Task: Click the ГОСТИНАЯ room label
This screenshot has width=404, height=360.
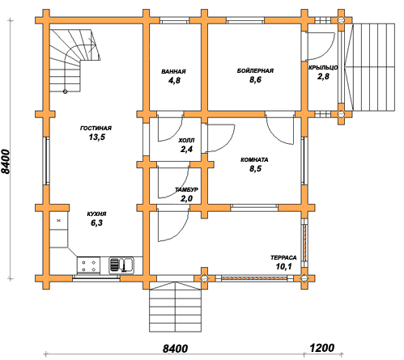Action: [x=96, y=128]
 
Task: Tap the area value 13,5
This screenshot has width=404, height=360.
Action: [x=97, y=138]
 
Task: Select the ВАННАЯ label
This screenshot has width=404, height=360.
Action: [x=173, y=71]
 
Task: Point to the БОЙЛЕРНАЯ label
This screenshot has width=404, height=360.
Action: [x=255, y=70]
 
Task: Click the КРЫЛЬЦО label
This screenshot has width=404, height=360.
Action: [x=323, y=67]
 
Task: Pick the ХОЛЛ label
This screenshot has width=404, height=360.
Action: [x=186, y=141]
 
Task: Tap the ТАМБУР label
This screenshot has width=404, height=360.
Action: [x=186, y=189]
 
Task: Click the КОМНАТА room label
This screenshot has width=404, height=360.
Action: [x=254, y=160]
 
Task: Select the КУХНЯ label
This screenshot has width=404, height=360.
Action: [x=96, y=214]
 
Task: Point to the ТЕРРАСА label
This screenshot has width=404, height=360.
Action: [x=283, y=258]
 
